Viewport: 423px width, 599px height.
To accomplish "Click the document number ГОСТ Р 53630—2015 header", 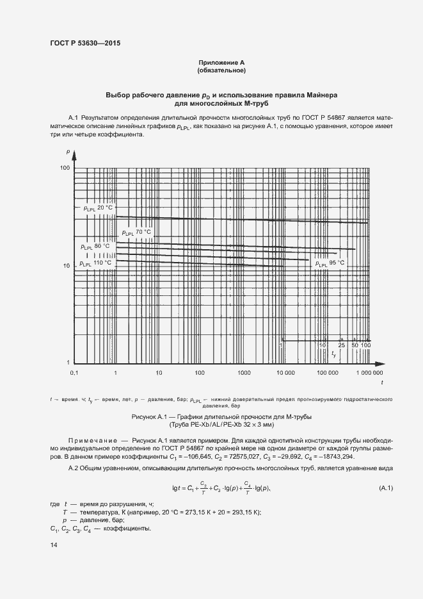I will [85, 44].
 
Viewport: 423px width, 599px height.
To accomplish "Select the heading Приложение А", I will [221, 62].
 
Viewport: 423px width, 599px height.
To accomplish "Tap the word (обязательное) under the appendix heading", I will [221, 70].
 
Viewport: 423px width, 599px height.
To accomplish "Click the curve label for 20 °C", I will [98, 208].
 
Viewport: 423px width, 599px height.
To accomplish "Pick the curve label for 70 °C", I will [136, 232].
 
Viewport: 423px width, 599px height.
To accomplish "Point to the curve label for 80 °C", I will [95, 246].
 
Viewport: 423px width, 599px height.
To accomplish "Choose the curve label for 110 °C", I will [95, 263].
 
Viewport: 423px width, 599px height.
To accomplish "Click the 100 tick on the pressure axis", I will [64, 168].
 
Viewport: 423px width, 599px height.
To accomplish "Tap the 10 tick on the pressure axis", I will [65, 265].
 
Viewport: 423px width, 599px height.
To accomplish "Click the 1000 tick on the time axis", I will [243, 372].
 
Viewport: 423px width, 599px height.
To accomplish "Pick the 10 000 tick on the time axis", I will [285, 372].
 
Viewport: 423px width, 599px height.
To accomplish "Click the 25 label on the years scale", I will [342, 345].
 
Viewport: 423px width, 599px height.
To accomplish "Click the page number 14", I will [54, 545].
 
